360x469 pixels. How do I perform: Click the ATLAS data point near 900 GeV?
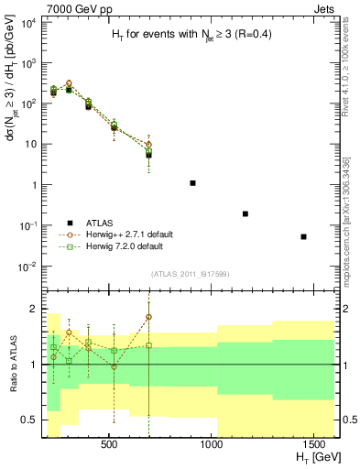tap(192, 183)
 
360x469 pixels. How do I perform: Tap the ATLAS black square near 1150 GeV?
tap(245, 213)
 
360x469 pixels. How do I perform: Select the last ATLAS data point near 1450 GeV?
tap(303, 236)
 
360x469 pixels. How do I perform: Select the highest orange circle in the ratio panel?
tap(148, 317)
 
